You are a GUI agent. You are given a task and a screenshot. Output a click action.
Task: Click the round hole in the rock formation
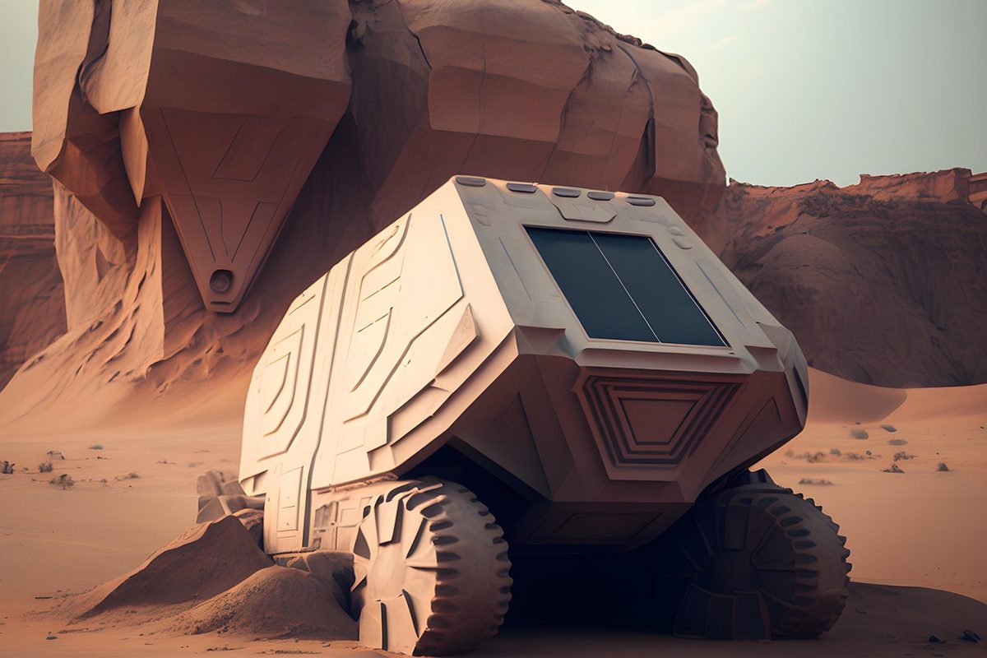pyautogui.click(x=220, y=281)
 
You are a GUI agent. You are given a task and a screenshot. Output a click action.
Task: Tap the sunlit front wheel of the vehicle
pyautogui.click(x=431, y=568)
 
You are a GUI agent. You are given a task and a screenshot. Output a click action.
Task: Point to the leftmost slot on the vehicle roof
pyautogui.click(x=470, y=181)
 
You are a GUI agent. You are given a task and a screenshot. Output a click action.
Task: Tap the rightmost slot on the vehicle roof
pyautogui.click(x=642, y=201)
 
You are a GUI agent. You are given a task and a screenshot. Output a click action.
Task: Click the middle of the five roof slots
pyautogui.click(x=566, y=192)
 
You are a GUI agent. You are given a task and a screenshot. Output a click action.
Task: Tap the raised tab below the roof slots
pyautogui.click(x=584, y=211)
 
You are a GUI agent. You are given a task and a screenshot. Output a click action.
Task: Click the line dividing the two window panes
pyautogui.click(x=623, y=285)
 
